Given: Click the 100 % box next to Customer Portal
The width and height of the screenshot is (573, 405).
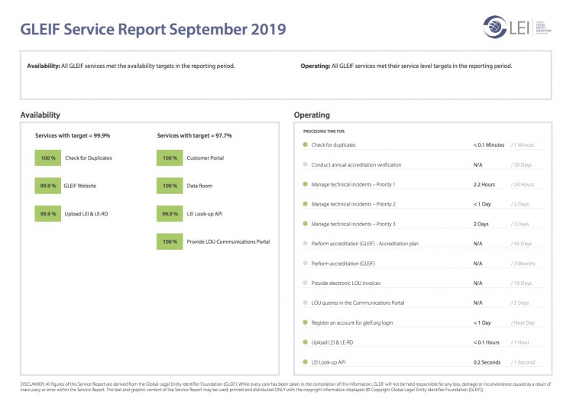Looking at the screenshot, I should click(169, 158).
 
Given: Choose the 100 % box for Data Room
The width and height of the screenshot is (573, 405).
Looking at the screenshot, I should click(169, 186).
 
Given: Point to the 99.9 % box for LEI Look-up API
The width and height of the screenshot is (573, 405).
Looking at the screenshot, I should click(169, 214).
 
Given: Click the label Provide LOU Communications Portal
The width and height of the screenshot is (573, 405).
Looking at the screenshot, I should click(228, 242).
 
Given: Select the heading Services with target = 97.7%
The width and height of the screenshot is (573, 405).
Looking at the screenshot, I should click(194, 135).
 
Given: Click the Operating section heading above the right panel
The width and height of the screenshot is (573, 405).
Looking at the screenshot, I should click(312, 115).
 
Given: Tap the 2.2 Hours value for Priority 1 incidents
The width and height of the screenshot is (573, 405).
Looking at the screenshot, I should click(484, 184).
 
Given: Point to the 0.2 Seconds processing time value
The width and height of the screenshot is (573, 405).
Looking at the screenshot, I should click(487, 361).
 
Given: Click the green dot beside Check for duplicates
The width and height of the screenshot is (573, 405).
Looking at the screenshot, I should click(305, 144).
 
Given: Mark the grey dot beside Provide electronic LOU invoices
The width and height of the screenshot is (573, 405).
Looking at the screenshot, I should click(305, 283).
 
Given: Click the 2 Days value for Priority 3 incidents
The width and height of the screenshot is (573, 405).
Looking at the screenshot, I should click(481, 224).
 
